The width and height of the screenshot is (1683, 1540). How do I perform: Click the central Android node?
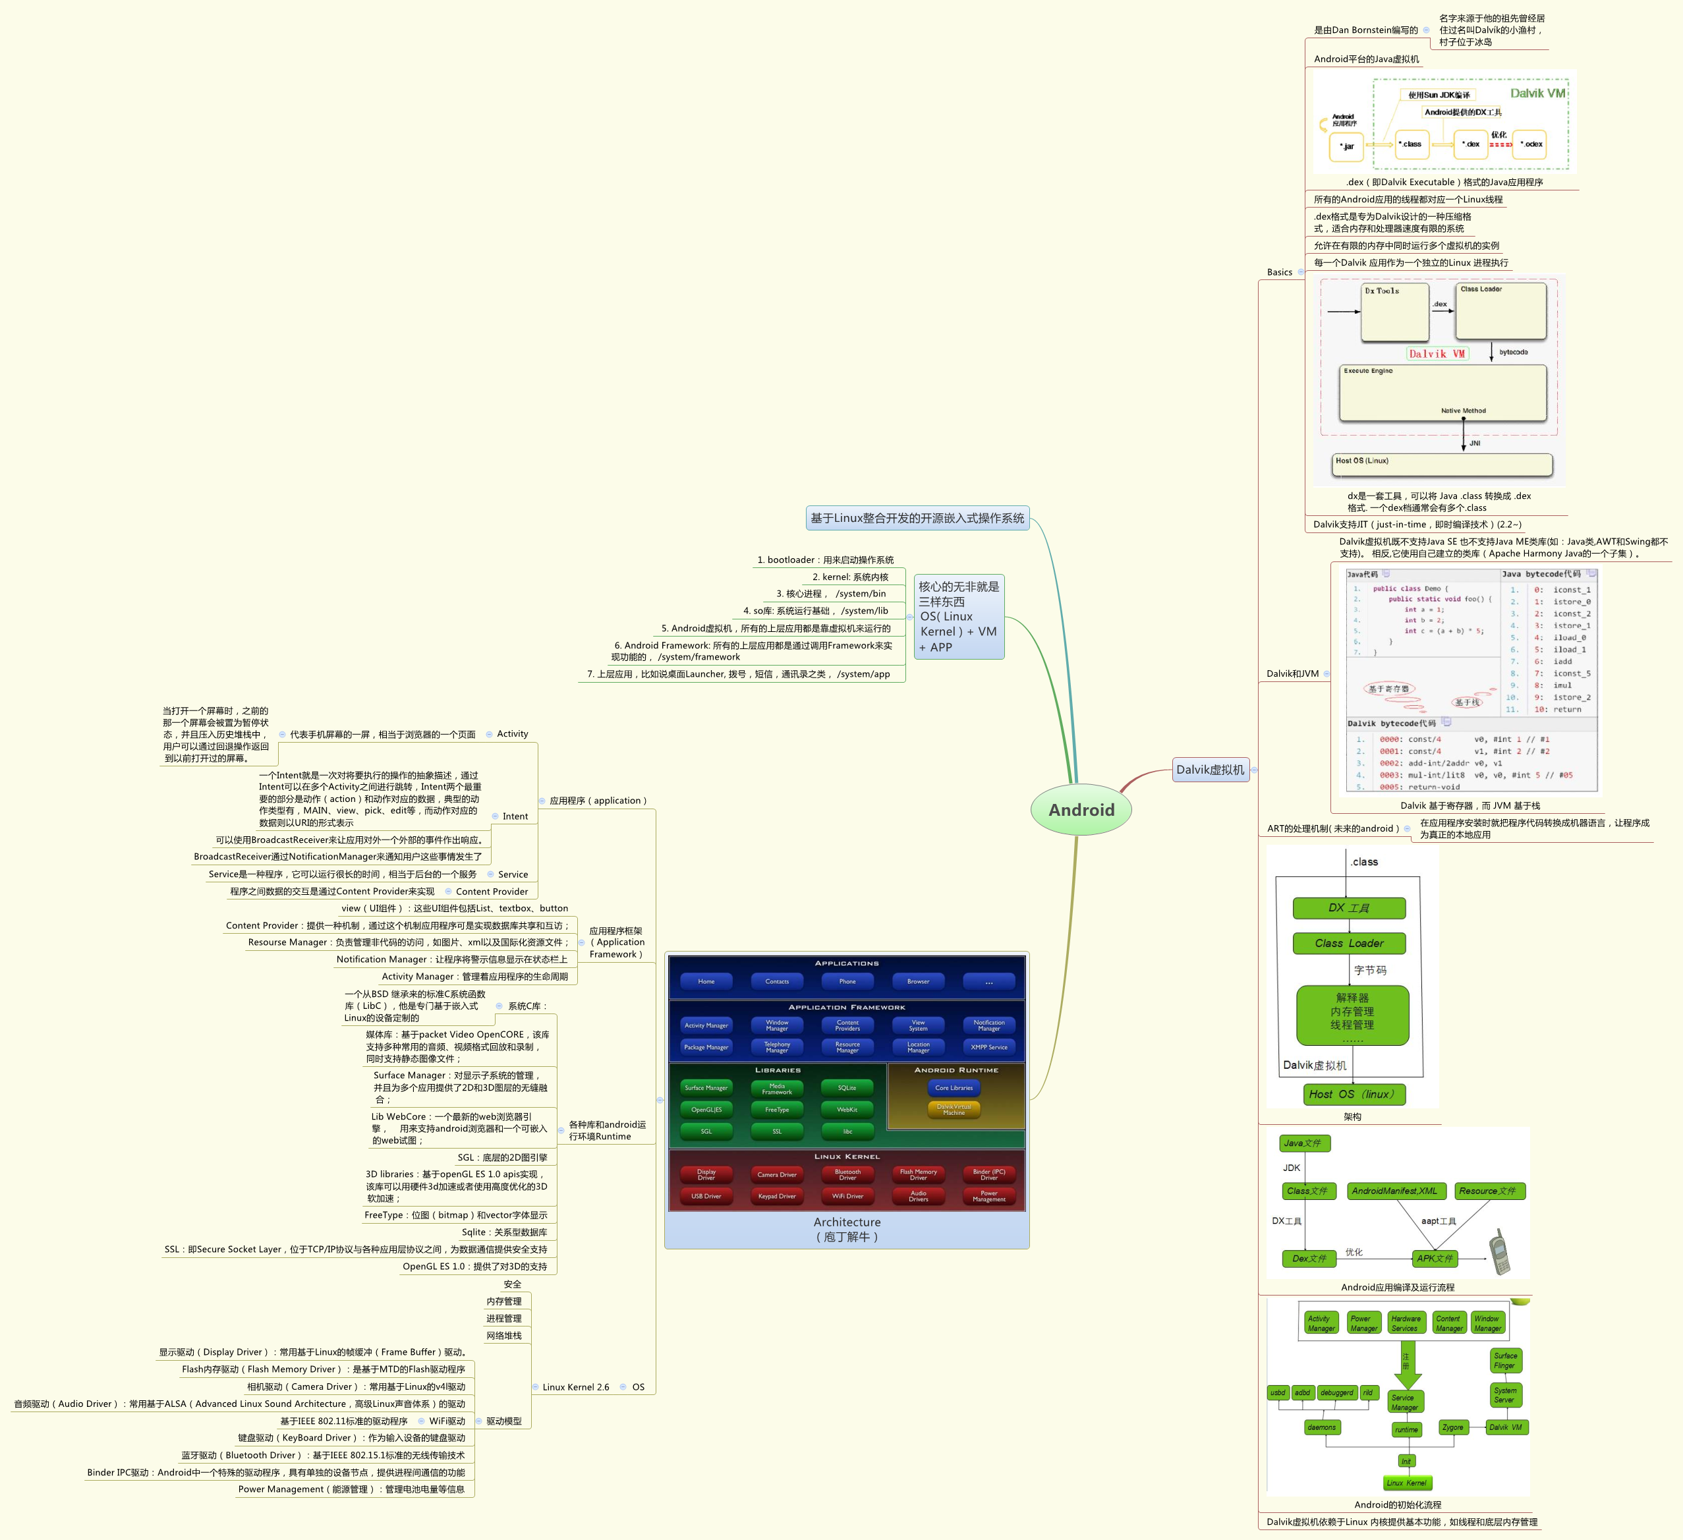click(x=1081, y=810)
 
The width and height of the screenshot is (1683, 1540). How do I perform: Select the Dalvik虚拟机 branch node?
click(x=1210, y=770)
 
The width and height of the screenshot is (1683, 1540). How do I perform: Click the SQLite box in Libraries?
click(x=847, y=1087)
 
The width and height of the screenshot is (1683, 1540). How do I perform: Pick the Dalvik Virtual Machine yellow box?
click(x=954, y=1109)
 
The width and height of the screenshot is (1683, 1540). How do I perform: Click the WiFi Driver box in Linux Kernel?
click(x=847, y=1196)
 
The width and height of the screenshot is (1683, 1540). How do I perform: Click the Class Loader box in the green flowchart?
click(x=1349, y=943)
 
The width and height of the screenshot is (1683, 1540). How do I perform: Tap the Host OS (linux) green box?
click(x=1354, y=1095)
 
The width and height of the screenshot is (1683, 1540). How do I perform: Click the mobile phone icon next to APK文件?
click(x=1500, y=1251)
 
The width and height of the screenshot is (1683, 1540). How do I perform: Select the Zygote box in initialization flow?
click(x=1452, y=1427)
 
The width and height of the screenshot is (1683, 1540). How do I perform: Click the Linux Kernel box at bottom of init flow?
click(x=1407, y=1483)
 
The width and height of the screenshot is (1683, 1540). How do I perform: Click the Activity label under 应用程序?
click(x=512, y=733)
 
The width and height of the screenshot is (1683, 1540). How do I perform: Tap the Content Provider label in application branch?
click(x=492, y=892)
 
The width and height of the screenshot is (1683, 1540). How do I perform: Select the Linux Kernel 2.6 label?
click(x=575, y=1387)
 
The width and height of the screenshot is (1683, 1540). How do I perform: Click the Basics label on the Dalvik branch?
click(x=1279, y=272)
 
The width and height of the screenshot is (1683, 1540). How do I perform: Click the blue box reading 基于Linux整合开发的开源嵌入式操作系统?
click(x=917, y=519)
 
